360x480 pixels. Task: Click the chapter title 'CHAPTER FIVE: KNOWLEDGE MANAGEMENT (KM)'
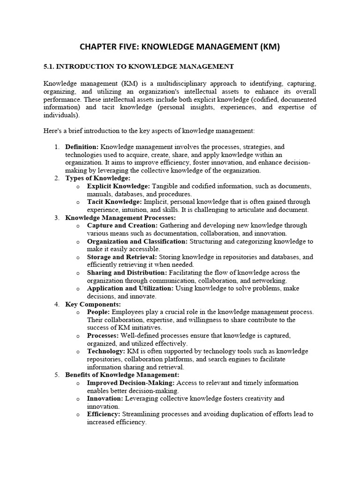[180, 46]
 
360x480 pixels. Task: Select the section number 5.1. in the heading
[50, 67]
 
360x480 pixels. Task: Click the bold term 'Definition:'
[82, 147]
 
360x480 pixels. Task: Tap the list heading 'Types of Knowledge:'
[97, 178]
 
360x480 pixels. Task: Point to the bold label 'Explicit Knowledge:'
[118, 186]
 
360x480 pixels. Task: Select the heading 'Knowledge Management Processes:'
[120, 217]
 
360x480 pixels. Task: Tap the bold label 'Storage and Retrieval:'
[122, 257]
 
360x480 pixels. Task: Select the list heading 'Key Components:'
[93, 304]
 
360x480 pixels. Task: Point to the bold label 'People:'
[98, 312]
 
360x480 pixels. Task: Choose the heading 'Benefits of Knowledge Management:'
[122, 375]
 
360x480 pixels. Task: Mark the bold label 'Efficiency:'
[104, 414]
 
